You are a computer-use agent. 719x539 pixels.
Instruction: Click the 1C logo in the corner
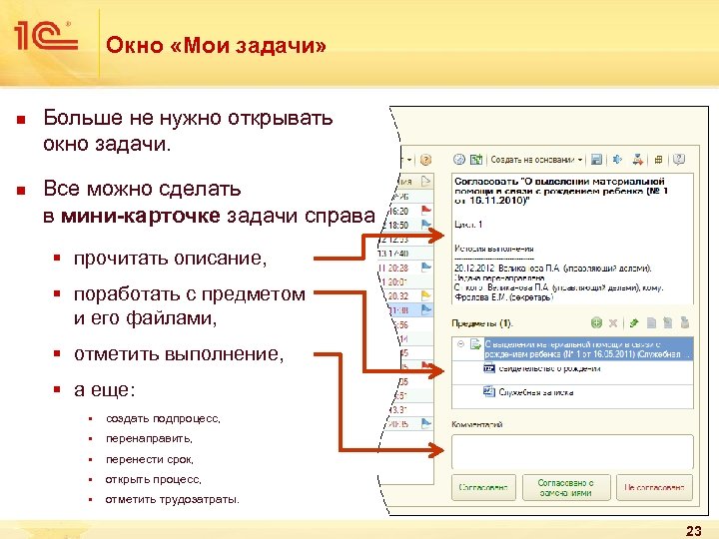(x=45, y=37)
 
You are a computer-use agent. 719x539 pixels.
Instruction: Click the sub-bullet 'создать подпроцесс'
(x=163, y=418)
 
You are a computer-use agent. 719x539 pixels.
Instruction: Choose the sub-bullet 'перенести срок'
(x=149, y=459)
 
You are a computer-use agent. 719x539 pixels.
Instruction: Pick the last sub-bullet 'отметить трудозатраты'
(x=172, y=499)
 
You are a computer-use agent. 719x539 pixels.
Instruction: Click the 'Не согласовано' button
(x=654, y=487)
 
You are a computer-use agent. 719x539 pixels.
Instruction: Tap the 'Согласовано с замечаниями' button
(x=565, y=487)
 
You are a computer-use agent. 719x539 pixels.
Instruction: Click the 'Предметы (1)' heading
(x=481, y=323)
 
